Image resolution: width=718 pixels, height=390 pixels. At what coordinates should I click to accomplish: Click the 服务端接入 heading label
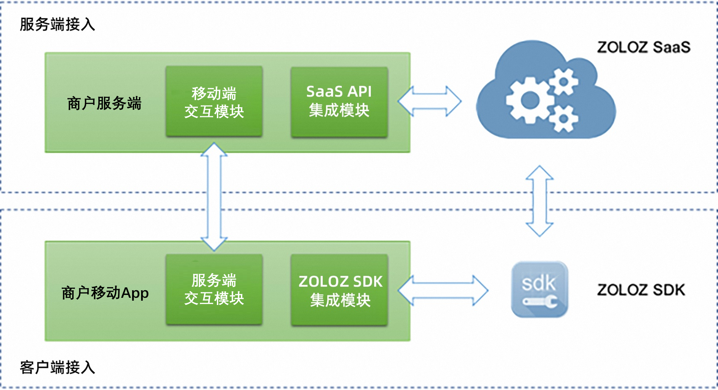click(57, 24)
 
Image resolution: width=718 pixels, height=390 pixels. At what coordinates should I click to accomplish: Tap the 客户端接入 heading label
click(57, 367)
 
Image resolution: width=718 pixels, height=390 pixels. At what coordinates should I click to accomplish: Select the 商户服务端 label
click(104, 103)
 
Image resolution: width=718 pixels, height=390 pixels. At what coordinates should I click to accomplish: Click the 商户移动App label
click(105, 293)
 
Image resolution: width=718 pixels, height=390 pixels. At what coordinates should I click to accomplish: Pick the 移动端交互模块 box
click(214, 102)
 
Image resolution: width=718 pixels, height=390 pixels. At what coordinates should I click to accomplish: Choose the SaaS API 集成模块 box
click(339, 102)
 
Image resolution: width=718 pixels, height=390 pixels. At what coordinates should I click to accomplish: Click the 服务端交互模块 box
click(214, 289)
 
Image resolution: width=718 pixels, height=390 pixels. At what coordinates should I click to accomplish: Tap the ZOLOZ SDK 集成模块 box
click(339, 290)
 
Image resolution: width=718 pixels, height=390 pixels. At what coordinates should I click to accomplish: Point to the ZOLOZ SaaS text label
click(643, 47)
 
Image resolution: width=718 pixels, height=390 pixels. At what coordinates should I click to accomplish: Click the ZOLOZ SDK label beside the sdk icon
click(641, 290)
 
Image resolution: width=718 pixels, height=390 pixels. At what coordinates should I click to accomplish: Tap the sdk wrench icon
click(539, 289)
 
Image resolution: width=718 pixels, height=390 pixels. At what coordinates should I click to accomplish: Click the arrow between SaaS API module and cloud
click(429, 101)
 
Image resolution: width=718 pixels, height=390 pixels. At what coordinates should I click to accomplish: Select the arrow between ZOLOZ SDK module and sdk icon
click(443, 290)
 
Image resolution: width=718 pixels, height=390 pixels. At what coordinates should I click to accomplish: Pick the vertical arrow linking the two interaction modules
click(214, 197)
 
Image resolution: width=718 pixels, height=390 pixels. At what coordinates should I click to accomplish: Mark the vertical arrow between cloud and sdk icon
click(540, 201)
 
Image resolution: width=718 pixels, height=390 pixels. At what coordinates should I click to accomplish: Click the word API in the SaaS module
click(359, 91)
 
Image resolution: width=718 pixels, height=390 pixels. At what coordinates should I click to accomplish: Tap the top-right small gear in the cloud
click(564, 82)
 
